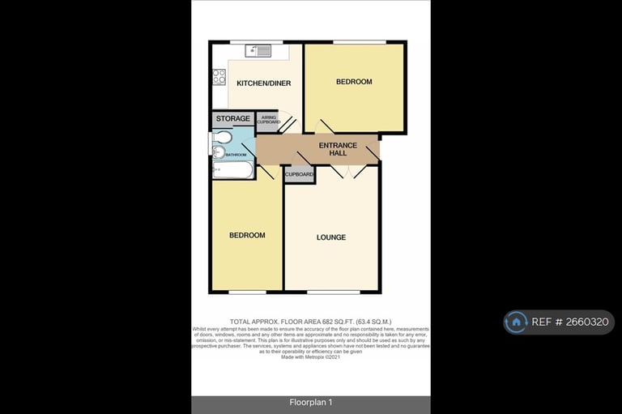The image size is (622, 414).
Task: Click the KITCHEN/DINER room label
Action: point(263,83)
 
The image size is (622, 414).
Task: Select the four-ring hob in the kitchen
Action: point(219,77)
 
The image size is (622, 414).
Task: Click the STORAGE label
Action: point(232,119)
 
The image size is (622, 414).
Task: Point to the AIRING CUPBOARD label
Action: point(268,121)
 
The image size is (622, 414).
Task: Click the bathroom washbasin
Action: point(216,138)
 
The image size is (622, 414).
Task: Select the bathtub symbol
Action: point(232,169)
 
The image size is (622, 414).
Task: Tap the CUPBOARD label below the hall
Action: point(299,174)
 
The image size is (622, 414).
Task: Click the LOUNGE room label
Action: point(331,237)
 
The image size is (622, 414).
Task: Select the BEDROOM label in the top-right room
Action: point(354,82)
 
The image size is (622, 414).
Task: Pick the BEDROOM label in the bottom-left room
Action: point(247,235)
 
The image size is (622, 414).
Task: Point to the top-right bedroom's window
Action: point(355,42)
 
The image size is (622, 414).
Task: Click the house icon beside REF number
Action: point(516,322)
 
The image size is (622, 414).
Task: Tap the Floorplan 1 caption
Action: point(311,403)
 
